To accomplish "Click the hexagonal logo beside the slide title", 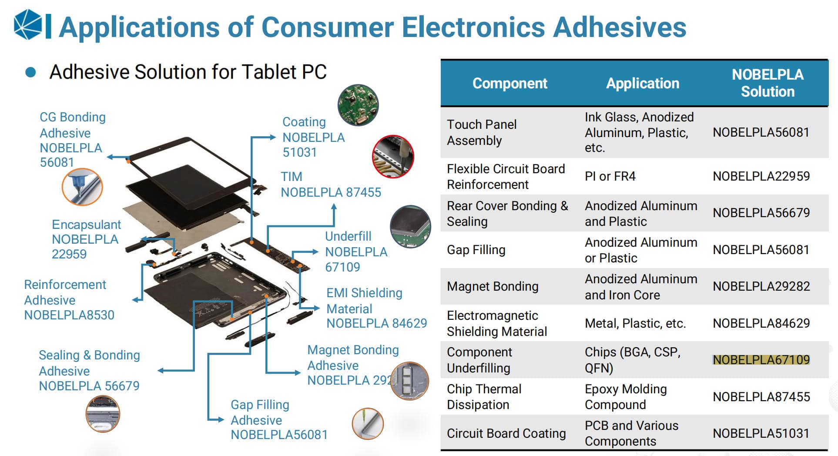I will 28,25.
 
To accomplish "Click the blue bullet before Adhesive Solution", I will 30,72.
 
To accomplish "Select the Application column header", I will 642,83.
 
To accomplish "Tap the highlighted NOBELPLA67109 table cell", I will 761,360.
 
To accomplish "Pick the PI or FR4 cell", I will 610,176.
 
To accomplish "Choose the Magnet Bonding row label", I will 493,286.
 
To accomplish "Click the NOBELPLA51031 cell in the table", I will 761,433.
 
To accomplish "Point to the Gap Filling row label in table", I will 476,250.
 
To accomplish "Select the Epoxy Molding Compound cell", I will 626,397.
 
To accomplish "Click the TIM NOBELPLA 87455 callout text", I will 331,184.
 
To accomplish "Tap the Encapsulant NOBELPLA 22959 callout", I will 86,239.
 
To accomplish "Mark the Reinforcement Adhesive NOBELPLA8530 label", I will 69,300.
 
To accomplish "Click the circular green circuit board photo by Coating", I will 358,105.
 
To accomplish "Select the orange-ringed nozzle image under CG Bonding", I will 82,187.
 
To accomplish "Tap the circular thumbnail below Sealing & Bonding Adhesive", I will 103,413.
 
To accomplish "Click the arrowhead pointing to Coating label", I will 272,137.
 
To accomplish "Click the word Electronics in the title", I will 473,27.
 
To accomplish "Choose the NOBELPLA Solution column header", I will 767,83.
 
